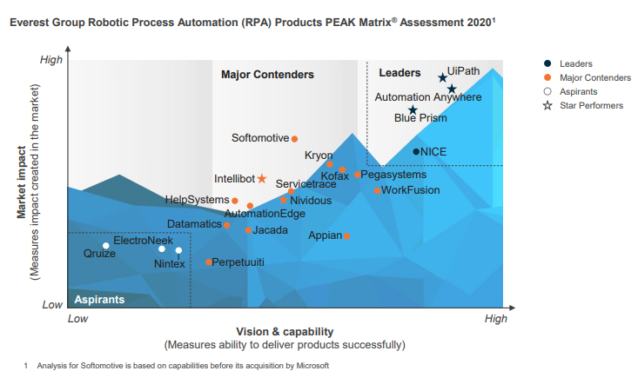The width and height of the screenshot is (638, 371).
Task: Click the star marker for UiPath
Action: point(442,78)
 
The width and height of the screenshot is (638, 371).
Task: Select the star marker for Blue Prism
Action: point(413,109)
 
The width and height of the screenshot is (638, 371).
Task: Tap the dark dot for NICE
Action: point(416,152)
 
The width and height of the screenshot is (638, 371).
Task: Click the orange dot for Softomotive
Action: point(294,139)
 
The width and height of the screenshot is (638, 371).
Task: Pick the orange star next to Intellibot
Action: point(262,179)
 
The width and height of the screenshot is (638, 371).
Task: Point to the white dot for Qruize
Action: point(106,246)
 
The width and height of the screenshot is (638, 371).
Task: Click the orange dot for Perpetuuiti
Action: point(209,262)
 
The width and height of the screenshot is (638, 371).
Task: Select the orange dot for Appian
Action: point(346,236)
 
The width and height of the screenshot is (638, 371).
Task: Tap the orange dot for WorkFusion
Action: point(377,190)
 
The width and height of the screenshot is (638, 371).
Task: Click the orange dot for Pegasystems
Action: point(357,175)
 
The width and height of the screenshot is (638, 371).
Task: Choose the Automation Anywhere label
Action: point(427,97)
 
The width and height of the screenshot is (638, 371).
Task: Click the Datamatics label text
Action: point(194,224)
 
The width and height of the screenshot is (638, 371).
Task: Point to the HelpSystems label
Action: point(197,200)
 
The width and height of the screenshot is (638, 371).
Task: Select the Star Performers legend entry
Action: point(590,105)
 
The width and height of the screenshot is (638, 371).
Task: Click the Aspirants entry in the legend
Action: point(578,91)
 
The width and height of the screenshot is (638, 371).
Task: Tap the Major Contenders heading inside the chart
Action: point(267,75)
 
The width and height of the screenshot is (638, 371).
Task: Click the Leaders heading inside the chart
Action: point(400,74)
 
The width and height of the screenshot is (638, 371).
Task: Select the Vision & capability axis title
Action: point(285,332)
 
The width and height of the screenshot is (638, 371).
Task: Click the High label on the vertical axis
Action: point(51,60)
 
